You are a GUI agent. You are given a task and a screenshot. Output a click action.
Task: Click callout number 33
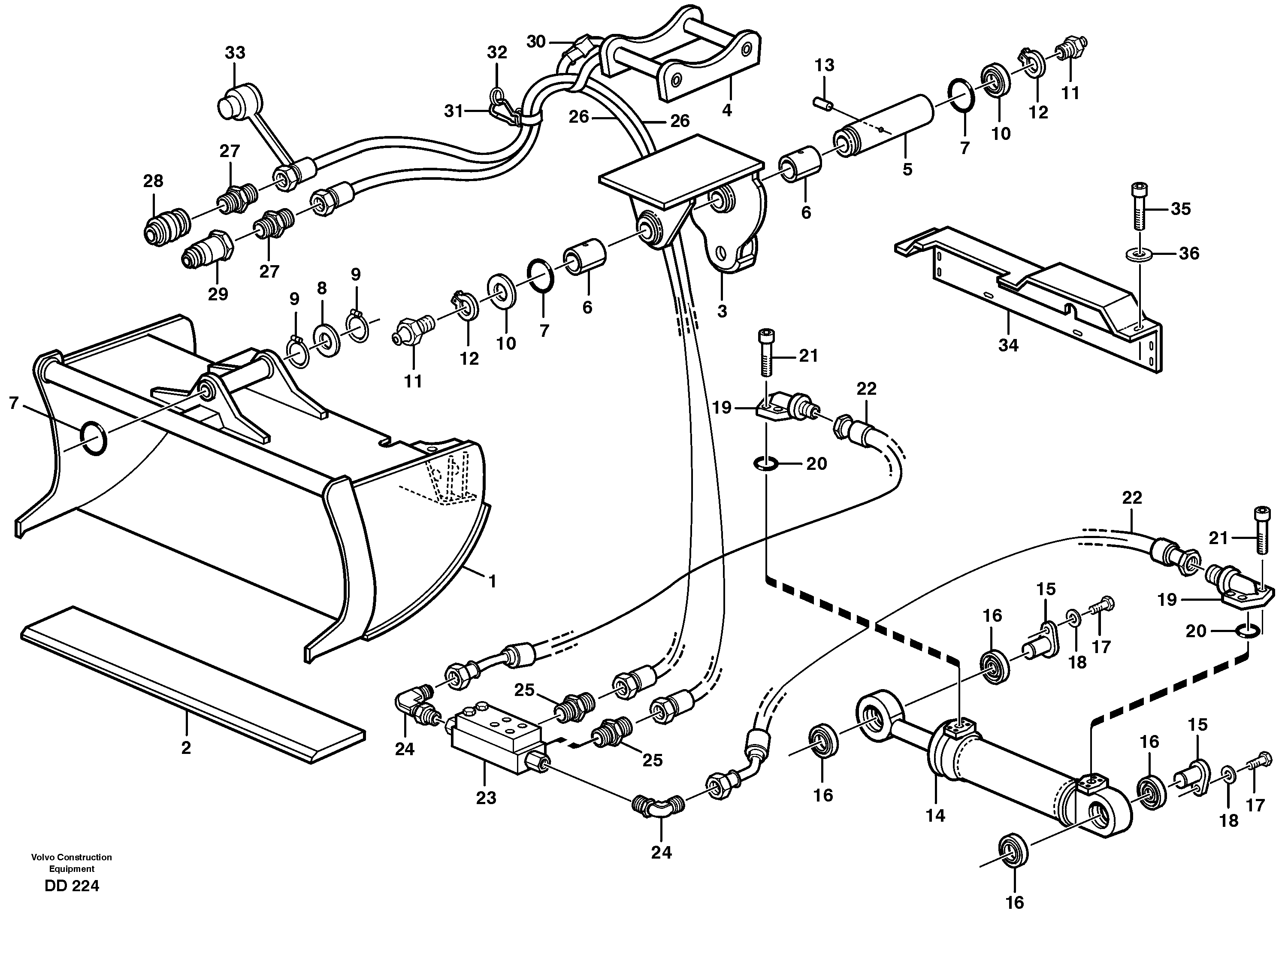[235, 53]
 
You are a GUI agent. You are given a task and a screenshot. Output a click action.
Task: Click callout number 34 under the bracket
[1008, 345]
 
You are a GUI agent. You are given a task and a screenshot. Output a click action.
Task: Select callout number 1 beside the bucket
[492, 581]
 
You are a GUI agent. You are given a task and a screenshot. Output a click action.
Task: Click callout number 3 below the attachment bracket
[722, 311]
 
